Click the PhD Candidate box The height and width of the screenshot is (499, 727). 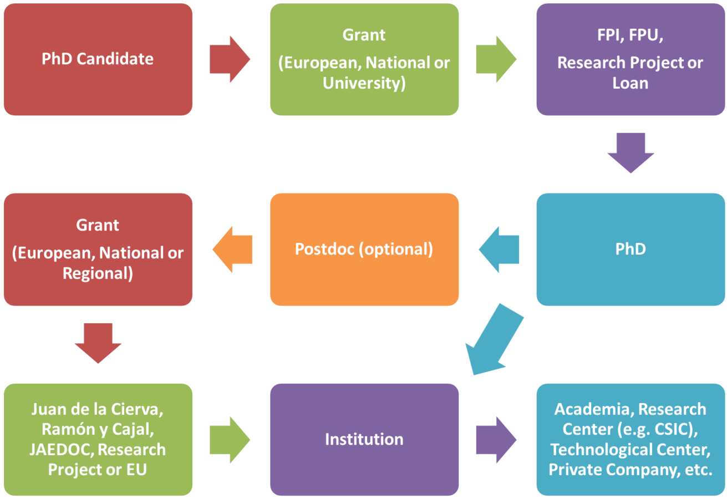[98, 59]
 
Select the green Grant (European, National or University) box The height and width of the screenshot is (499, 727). [364, 59]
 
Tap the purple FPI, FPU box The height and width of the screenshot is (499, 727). [630, 59]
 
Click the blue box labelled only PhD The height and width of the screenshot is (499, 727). [630, 249]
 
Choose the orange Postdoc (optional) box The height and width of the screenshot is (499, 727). [364, 249]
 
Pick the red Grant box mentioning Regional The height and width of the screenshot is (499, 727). [98, 249]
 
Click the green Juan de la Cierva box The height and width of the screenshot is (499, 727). [98, 439]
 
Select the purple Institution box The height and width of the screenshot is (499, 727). [364, 439]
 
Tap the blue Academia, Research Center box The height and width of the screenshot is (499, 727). [630, 439]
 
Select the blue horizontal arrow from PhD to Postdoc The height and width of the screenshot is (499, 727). [499, 249]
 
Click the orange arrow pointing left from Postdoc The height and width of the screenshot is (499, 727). [232, 249]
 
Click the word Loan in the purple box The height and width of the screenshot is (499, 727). [630, 83]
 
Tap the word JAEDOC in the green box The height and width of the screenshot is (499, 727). [61, 449]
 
